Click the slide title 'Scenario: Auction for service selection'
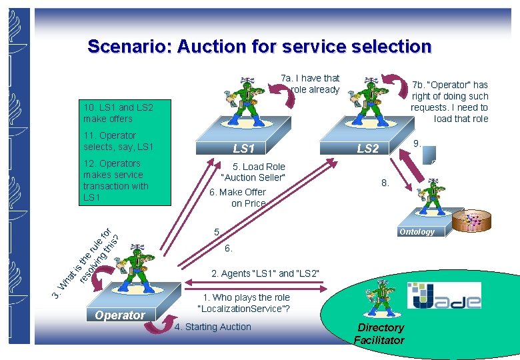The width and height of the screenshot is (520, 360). (x=259, y=47)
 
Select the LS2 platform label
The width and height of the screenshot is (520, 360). (x=367, y=148)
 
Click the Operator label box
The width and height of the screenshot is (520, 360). (x=120, y=315)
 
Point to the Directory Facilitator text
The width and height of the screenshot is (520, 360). (x=379, y=333)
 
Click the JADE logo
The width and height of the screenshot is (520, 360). (x=444, y=296)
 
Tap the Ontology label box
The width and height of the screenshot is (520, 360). (x=417, y=231)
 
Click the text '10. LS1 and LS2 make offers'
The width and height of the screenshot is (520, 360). (x=118, y=113)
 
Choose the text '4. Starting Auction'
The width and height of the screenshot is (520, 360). (x=213, y=327)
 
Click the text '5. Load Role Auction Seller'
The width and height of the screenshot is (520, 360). (x=253, y=171)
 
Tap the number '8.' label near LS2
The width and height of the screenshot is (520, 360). (x=385, y=183)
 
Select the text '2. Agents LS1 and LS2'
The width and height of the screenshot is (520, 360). (x=265, y=273)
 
